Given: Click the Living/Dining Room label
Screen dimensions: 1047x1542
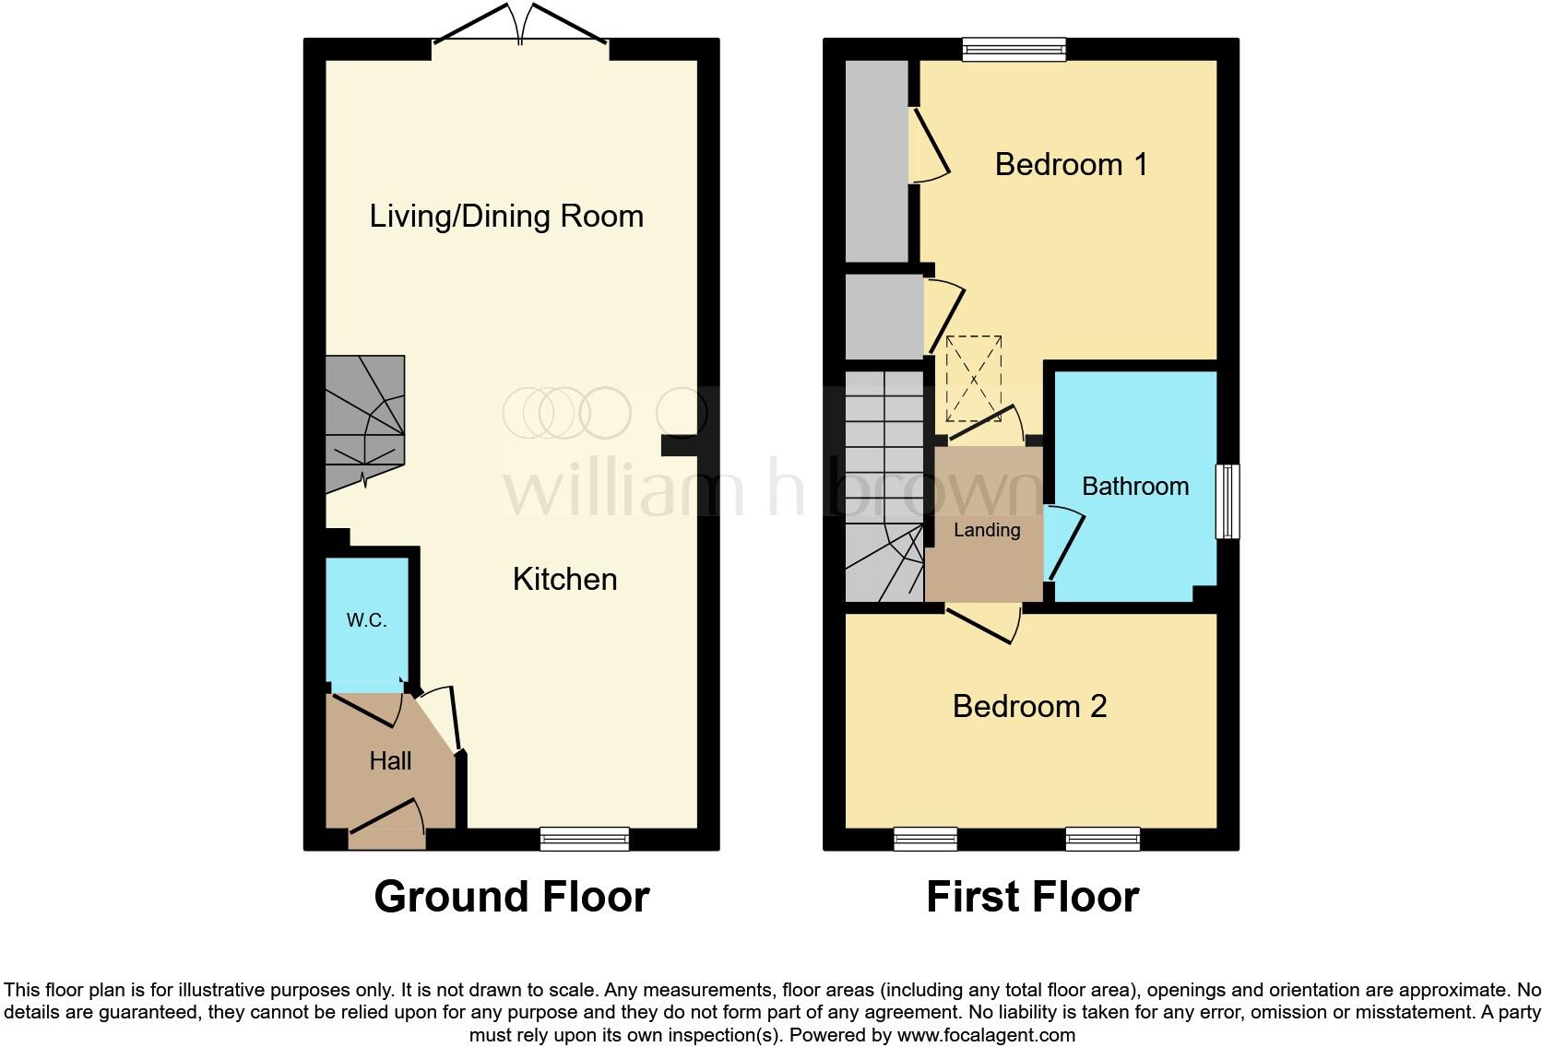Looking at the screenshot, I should coord(506,217).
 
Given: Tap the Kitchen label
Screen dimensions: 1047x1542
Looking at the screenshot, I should coord(564,580).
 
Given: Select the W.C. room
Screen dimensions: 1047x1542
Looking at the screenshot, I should coord(366,621).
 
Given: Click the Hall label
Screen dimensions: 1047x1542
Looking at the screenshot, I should coord(390,761).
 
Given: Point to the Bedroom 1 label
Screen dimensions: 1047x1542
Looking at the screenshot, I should coord(1071,165).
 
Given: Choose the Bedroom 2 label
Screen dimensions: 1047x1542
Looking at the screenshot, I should coord(1029,707).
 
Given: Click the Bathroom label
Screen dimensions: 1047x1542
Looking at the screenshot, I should coord(1134,487).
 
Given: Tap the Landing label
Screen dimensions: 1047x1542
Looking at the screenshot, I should coord(987,530).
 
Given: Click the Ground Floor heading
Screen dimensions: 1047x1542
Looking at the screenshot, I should coord(512,897).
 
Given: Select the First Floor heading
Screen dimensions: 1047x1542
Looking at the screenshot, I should coord(1032,897).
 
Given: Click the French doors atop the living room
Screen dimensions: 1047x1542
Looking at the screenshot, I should coord(521,28).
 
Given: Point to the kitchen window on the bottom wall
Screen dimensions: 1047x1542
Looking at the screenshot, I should coord(585,839).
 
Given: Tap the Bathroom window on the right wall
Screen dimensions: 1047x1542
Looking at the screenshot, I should coord(1228,501).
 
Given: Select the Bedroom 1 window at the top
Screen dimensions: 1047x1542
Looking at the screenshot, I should coord(1014,49).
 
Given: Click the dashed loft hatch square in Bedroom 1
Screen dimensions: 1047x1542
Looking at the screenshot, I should coord(974,378).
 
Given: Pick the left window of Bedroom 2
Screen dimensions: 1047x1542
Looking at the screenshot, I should coord(925,839).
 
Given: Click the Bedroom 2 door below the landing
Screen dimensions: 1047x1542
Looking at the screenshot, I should coord(982,623).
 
